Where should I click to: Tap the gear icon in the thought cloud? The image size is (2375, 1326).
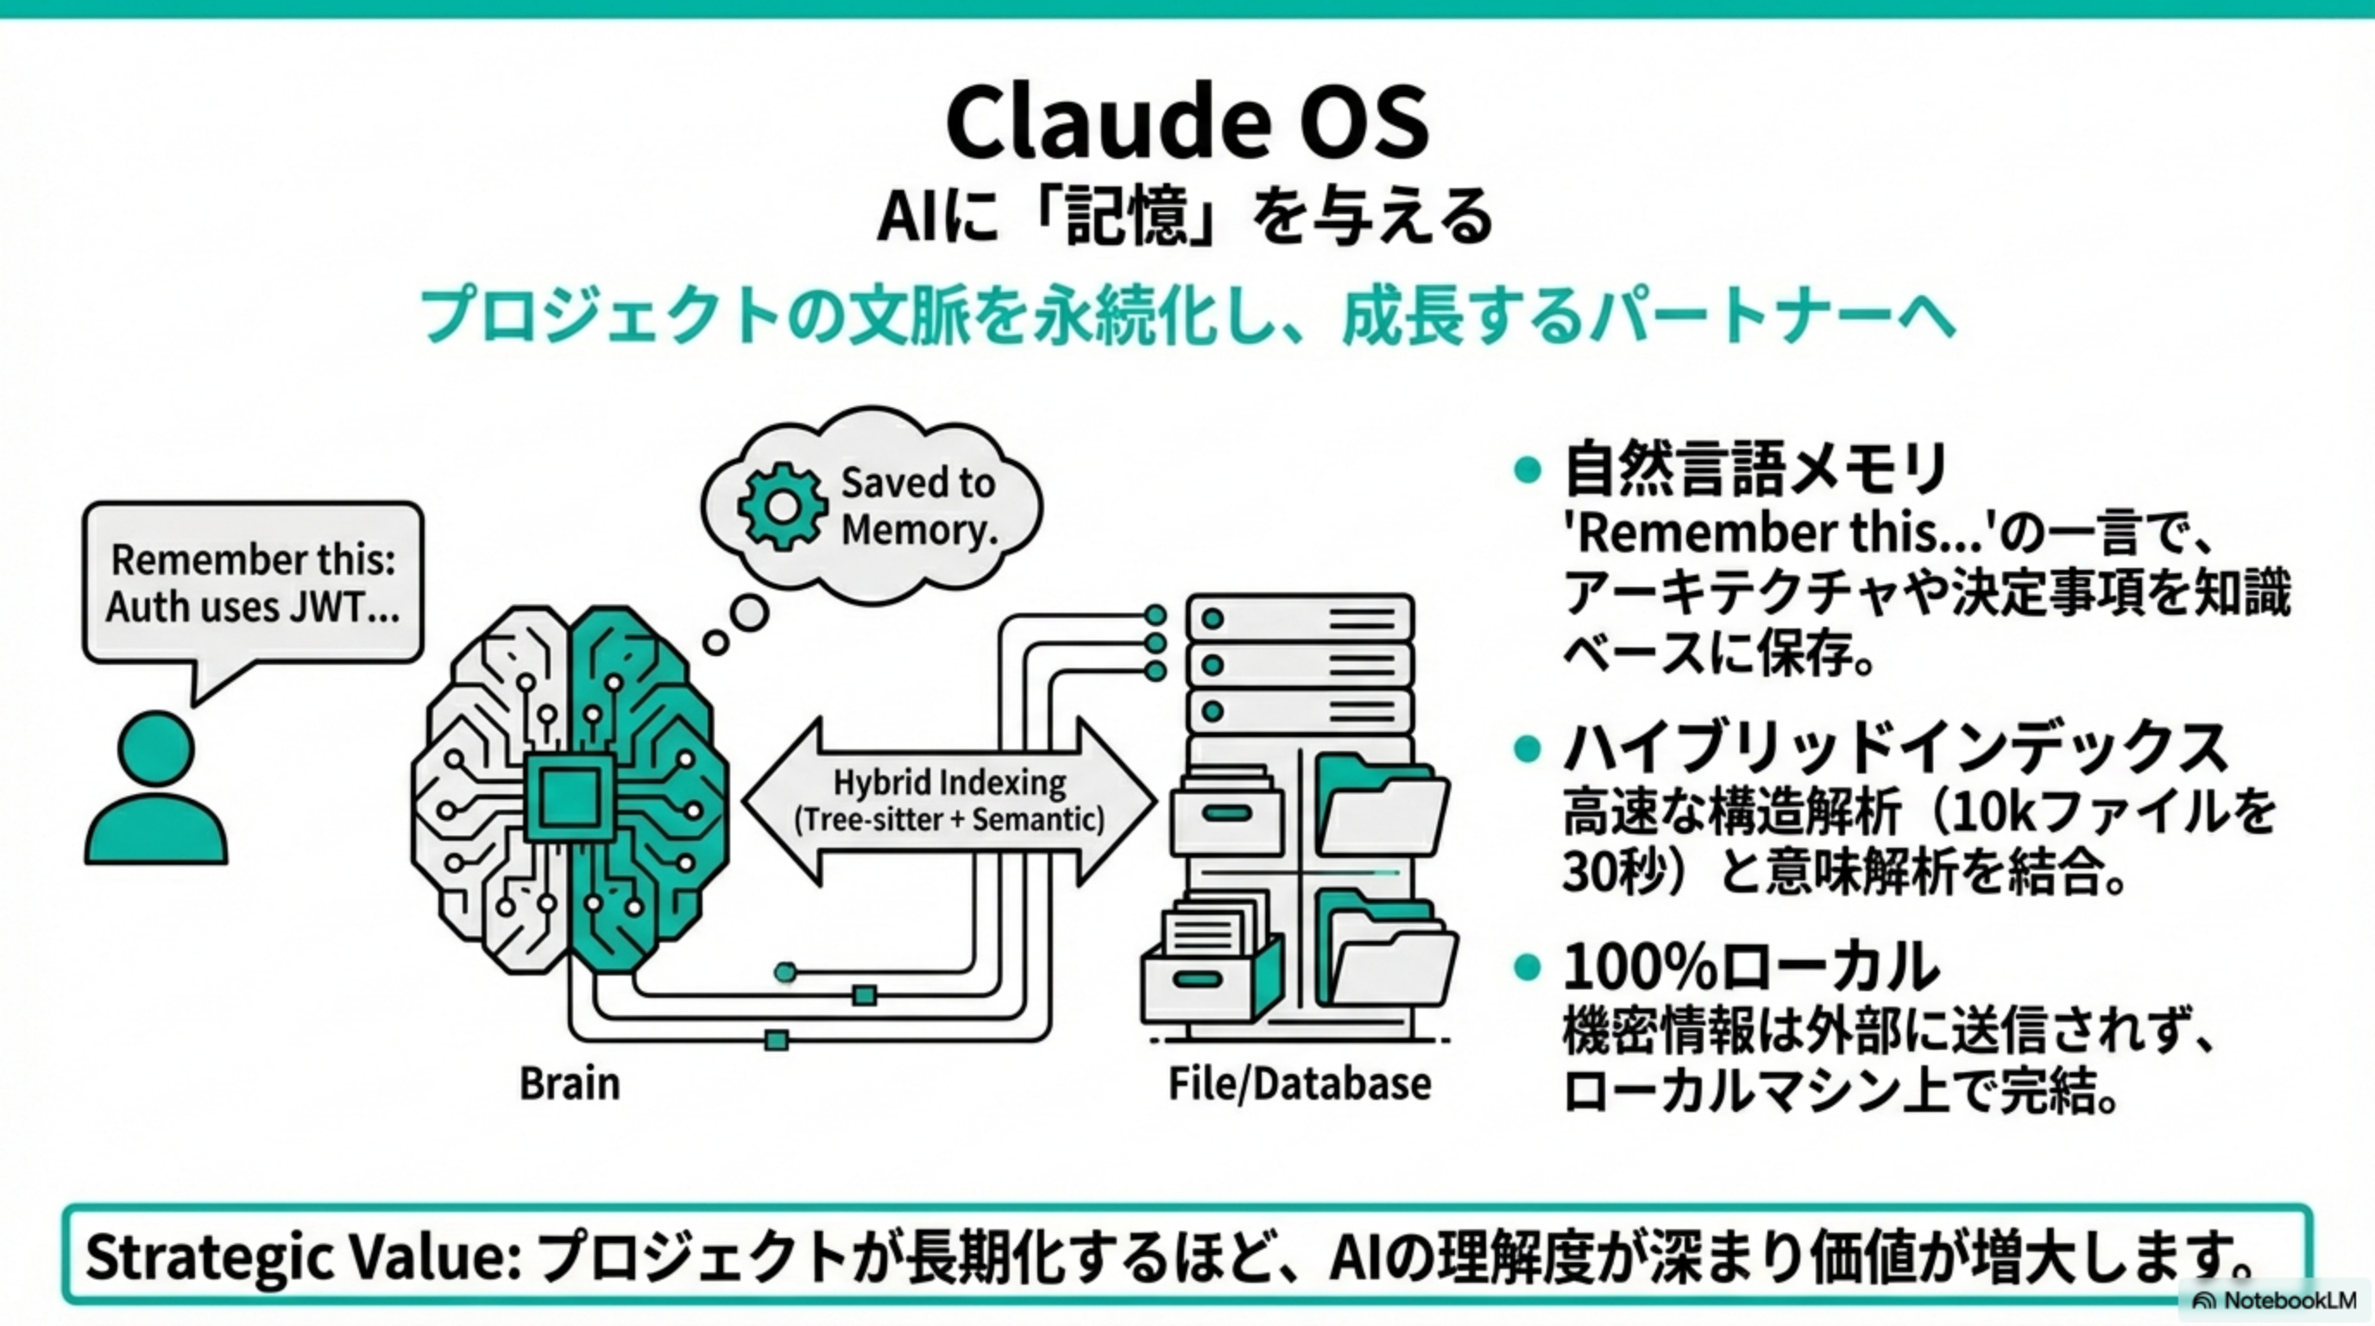(782, 506)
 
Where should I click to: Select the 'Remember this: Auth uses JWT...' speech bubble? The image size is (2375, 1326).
(253, 583)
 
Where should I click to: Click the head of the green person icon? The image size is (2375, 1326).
(156, 748)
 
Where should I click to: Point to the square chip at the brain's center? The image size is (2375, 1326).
(569, 799)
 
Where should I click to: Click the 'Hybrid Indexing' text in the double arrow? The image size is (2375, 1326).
(949, 783)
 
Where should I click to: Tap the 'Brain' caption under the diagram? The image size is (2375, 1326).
(569, 1083)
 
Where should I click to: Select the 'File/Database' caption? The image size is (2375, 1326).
(1299, 1083)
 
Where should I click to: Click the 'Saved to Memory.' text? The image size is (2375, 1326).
(918, 506)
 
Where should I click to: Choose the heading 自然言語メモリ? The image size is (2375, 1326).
(1755, 470)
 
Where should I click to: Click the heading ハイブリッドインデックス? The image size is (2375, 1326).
(1894, 748)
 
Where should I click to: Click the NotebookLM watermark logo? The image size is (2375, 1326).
(2203, 1300)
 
